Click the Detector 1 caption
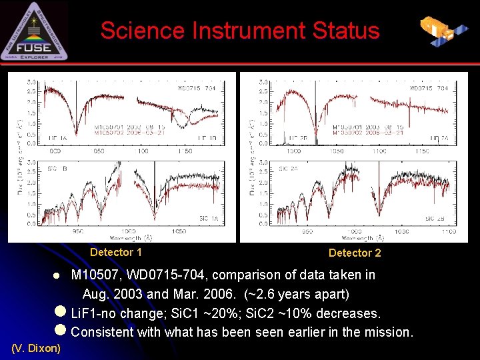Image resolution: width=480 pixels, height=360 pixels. [116, 252]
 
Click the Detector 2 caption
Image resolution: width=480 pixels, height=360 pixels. [355, 253]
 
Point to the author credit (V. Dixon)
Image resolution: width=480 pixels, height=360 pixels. [36, 348]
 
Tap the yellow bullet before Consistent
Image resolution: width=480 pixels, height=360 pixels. [61, 331]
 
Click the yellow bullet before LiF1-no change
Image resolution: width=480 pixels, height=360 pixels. [61, 313]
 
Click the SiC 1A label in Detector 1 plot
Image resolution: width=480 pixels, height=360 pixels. [209, 218]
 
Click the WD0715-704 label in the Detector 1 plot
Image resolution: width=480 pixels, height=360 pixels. [197, 88]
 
